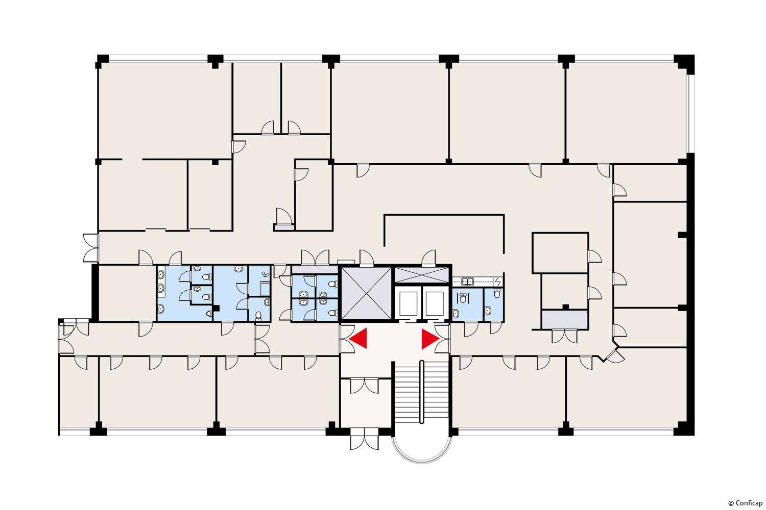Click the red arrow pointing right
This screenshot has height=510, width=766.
coord(429,339)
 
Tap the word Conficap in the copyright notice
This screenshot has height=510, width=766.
coord(749,503)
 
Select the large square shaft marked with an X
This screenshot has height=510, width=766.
coord(366,293)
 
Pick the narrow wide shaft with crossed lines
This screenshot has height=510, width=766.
coord(421,275)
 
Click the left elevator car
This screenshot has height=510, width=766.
coord(409,303)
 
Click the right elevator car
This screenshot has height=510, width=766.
coord(435,303)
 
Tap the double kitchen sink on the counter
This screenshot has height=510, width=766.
coord(467,282)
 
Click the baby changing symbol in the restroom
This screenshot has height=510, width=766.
coord(266,274)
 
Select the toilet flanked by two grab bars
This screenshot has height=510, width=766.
coord(463,298)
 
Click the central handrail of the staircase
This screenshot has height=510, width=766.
coord(422,392)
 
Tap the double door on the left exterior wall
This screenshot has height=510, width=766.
coord(91,248)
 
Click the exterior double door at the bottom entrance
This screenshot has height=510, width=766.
coord(365,439)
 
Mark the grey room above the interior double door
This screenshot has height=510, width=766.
coord(565,319)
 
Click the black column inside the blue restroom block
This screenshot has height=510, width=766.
coord(216,308)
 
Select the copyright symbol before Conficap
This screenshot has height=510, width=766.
coord(731,503)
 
